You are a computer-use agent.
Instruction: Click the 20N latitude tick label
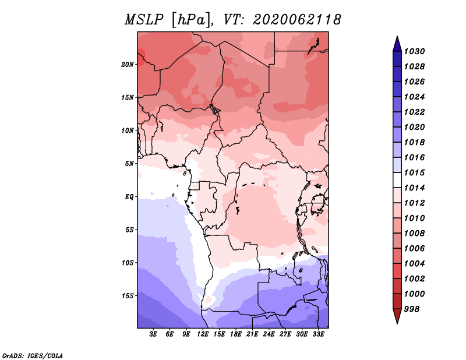[x=128, y=64]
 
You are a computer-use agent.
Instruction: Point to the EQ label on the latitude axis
[x=129, y=197]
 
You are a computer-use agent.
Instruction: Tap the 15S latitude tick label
[x=128, y=296]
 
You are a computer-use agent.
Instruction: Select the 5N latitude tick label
[x=129, y=164]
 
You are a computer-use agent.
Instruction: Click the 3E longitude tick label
[x=153, y=334]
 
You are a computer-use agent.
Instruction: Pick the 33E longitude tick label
[x=318, y=334]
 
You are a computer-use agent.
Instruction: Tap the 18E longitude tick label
[x=236, y=334]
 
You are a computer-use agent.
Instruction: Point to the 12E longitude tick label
[x=203, y=334]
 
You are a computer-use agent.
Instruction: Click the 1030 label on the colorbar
[x=414, y=51]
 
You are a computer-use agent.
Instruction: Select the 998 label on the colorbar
[x=412, y=309]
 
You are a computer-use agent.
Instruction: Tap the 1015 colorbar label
[x=414, y=172]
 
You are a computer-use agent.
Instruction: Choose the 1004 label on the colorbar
[x=414, y=264]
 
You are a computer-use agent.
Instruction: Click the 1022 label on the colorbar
[x=414, y=112]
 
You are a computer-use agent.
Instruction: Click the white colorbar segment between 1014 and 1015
[x=397, y=180]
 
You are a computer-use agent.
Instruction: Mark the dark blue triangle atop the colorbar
[x=397, y=44]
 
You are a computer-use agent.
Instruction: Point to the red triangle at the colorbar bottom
[x=397, y=316]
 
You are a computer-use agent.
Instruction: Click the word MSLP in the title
[x=144, y=20]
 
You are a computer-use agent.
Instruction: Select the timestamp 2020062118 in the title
[x=296, y=20]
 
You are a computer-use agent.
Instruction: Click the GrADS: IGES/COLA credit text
[x=33, y=356]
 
